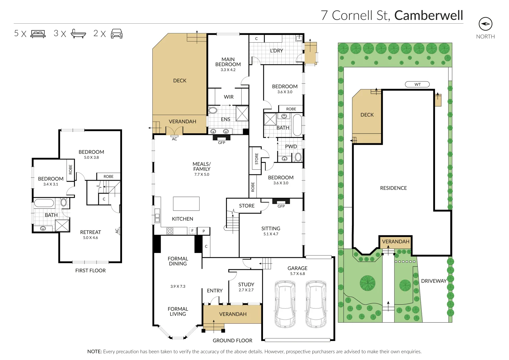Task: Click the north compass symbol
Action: (485, 24)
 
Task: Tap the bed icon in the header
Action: (38, 34)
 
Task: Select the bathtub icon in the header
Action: (78, 34)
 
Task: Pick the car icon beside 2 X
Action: (116, 34)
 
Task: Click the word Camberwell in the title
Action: (429, 15)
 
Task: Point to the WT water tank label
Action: (417, 84)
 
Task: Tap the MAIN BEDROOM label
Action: (228, 62)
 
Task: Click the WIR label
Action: (229, 97)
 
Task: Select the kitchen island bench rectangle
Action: (186, 204)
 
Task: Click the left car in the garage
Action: (285, 304)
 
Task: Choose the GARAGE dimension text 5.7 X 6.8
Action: (297, 274)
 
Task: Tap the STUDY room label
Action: (246, 285)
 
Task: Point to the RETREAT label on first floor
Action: (90, 232)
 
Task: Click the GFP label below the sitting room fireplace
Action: (281, 206)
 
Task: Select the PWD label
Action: (291, 147)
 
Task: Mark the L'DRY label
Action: (276, 51)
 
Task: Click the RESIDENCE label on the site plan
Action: (393, 188)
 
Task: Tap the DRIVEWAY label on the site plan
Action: (434, 281)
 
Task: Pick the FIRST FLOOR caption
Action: (90, 271)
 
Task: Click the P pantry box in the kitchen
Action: (203, 231)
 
